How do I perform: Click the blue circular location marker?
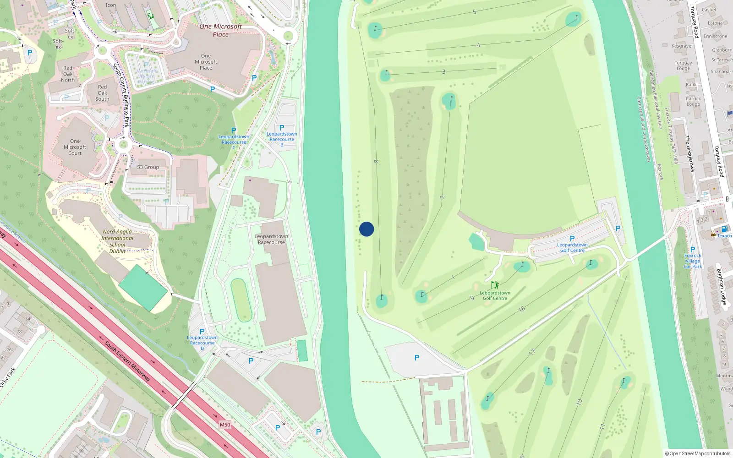[366, 229]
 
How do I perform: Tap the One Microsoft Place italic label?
[220, 30]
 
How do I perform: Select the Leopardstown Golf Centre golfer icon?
[494, 285]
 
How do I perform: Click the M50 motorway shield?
[224, 425]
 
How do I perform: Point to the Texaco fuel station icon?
[724, 229]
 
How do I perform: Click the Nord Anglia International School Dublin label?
[117, 241]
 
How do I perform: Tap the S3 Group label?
[148, 167]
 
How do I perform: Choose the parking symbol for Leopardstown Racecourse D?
[202, 332]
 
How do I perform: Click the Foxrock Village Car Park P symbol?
[693, 250]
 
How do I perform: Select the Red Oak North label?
[68, 74]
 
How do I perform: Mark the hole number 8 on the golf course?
[376, 161]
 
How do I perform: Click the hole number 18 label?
[521, 309]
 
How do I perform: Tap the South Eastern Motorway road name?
[127, 361]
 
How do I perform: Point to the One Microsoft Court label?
[75, 147]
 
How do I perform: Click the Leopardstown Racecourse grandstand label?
[271, 239]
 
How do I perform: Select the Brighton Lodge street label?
[721, 286]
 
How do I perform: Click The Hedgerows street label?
[689, 153]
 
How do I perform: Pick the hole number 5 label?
[474, 12]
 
